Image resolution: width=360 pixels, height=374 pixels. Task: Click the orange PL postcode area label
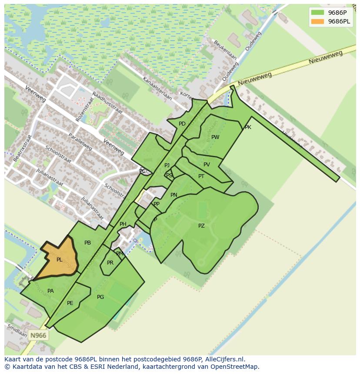[59, 260]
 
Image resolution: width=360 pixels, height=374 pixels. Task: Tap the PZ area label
[201, 226]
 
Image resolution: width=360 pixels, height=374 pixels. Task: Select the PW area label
[215, 137]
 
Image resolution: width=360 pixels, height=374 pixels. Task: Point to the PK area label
[248, 127]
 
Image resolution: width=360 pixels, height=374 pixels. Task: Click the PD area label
[182, 124]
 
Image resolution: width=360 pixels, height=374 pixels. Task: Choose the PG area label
[100, 297]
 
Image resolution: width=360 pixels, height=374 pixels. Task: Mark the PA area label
[50, 291]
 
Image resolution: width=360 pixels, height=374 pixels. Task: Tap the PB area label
[87, 243]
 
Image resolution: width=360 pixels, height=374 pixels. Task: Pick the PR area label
[110, 263]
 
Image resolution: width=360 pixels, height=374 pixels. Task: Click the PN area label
[174, 195]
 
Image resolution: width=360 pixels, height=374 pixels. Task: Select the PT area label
[201, 176]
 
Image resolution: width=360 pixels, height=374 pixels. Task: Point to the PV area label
[207, 165]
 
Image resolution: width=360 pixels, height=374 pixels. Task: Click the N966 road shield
[38, 335]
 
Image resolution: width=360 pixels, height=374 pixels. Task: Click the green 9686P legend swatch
[317, 13]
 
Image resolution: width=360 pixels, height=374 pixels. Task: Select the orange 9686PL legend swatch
[317, 21]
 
